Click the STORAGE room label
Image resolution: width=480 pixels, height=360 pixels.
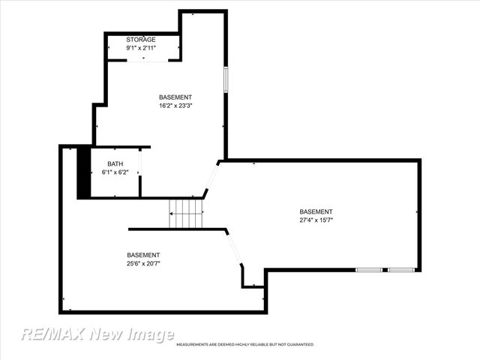pos(140,39)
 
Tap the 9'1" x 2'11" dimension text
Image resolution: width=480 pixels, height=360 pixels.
pos(140,48)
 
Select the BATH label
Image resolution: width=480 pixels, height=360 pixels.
pos(115,163)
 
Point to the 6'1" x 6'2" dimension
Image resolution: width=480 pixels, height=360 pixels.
pos(115,172)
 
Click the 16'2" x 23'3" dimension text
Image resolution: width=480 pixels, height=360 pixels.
pos(175,106)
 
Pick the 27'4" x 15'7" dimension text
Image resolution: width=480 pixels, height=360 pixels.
pos(316,220)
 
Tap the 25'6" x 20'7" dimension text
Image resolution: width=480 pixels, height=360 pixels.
pos(142,263)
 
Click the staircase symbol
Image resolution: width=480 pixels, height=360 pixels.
pos(186,213)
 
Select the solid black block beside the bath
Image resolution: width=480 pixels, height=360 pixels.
pos(84,172)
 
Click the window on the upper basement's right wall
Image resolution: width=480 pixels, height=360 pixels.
pos(225,79)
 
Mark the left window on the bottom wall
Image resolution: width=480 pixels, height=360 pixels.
pos(368,270)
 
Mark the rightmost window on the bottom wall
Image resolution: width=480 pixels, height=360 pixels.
pos(400,270)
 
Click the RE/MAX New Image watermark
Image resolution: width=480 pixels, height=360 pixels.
pos(97,334)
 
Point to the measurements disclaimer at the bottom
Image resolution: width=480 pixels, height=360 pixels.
pos(244,345)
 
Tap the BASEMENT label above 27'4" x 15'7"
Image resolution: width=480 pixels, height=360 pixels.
pos(316,211)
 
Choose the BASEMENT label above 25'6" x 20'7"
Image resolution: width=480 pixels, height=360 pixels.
pos(142,255)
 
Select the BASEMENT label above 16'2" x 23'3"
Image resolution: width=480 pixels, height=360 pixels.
pos(175,97)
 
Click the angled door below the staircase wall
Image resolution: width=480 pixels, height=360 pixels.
pos(234,247)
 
